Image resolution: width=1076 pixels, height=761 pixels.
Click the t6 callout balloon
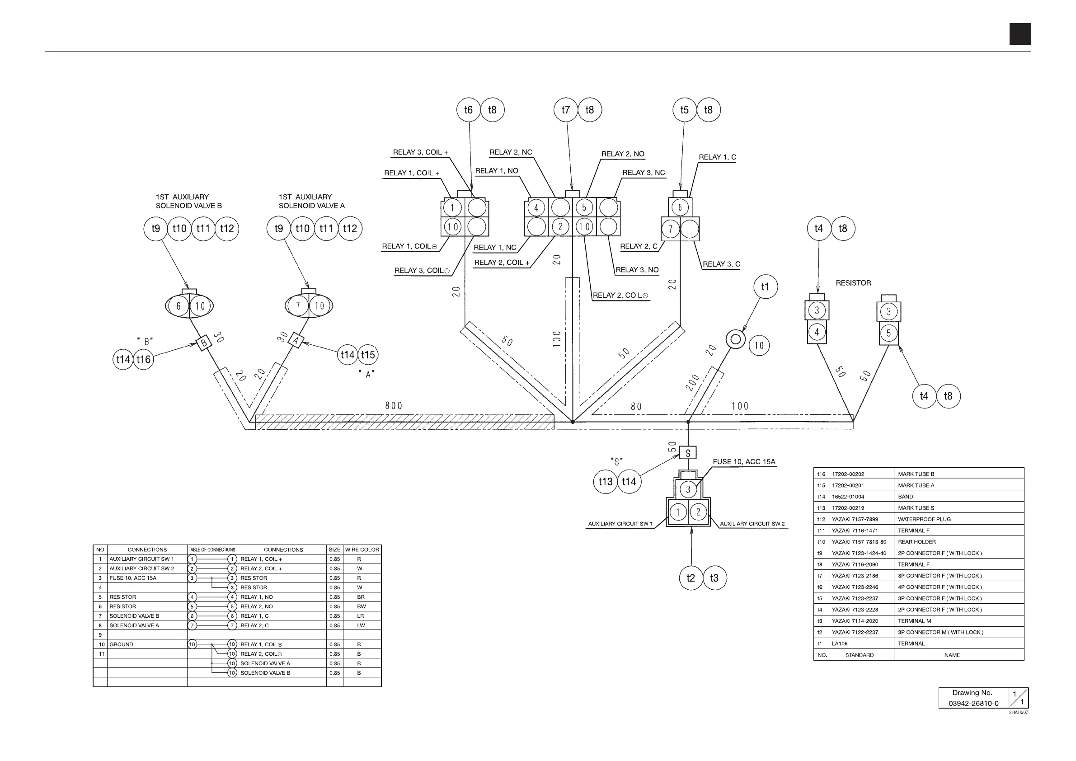[x=468, y=110]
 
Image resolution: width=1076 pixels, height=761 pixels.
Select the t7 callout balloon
[x=566, y=110]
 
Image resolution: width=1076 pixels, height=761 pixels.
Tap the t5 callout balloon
[x=684, y=110]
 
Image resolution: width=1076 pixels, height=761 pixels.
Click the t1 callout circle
[x=765, y=287]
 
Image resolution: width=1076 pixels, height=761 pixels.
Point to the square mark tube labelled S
[x=688, y=453]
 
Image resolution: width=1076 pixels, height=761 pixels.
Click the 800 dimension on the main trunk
[x=394, y=406]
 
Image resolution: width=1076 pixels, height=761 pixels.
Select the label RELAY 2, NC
[x=511, y=152]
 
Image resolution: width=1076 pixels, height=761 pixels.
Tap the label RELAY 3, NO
[x=637, y=270]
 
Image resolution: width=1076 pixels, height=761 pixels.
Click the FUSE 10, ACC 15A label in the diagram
[x=744, y=461]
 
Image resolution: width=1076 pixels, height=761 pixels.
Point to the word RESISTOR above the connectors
[x=853, y=283]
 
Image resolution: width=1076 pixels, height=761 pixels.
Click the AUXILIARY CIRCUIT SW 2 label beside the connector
[x=752, y=524]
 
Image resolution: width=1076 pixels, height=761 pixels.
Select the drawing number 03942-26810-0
[x=973, y=703]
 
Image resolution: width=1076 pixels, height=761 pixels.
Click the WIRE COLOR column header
[x=362, y=550]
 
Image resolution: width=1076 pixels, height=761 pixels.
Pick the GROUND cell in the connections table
[x=122, y=644]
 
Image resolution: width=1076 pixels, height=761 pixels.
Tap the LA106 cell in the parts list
[x=840, y=644]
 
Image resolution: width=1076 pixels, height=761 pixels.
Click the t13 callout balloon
[x=606, y=482]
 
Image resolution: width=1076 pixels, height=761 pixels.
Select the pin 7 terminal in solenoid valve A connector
[x=298, y=306]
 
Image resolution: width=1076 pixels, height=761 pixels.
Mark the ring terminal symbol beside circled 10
[x=735, y=339]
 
